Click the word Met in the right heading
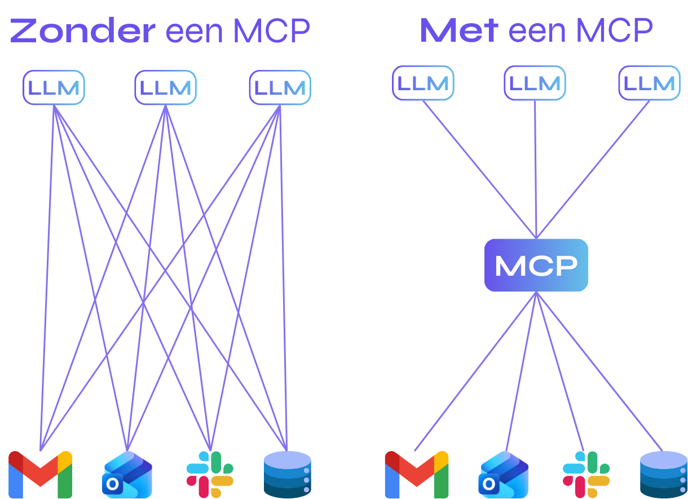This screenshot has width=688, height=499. pyautogui.click(x=458, y=30)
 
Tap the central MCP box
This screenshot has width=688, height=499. pyautogui.click(x=536, y=265)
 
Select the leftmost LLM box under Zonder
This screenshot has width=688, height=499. pyautogui.click(x=54, y=87)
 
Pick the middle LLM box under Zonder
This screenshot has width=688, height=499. pyautogui.click(x=165, y=87)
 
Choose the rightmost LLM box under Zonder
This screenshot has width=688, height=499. pyautogui.click(x=280, y=87)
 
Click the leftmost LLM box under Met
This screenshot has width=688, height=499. pyautogui.click(x=423, y=83)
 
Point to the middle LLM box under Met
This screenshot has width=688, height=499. pyautogui.click(x=535, y=83)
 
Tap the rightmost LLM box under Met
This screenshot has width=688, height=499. pyautogui.click(x=649, y=83)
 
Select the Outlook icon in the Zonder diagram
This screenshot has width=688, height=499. pyautogui.click(x=127, y=475)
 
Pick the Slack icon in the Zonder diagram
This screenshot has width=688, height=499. pyautogui.click(x=210, y=474)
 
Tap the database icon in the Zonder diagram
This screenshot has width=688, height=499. pyautogui.click(x=287, y=474)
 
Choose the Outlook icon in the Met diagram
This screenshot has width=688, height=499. pyautogui.click(x=504, y=475)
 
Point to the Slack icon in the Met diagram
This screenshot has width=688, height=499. pyautogui.click(x=586, y=474)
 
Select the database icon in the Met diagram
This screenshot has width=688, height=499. pyautogui.click(x=663, y=474)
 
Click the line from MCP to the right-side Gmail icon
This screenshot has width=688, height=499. pyautogui.click(x=475, y=372)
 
